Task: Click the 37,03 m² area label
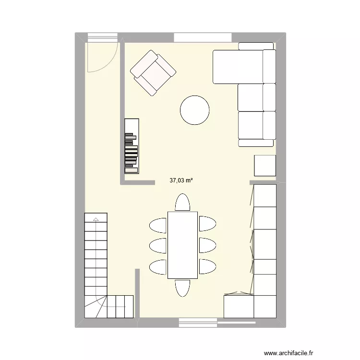(x=181, y=181)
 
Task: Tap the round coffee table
(x=194, y=110)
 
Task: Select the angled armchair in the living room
(x=153, y=72)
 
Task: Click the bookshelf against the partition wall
(x=132, y=146)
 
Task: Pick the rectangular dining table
(x=182, y=245)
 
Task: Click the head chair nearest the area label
(x=182, y=202)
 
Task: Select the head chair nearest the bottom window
(x=182, y=288)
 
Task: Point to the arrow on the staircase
(x=96, y=220)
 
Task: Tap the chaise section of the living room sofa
(x=238, y=66)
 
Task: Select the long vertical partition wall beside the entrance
(x=122, y=110)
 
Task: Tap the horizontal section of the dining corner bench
(x=239, y=306)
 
